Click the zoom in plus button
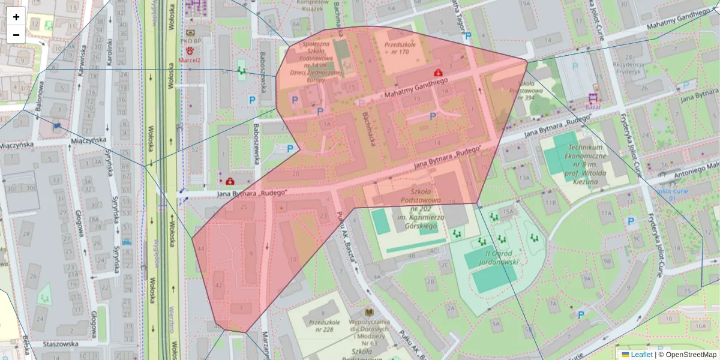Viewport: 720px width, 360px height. click(16, 17)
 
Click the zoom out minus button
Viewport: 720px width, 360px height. click(16, 35)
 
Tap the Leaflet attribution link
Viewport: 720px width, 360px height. click(641, 355)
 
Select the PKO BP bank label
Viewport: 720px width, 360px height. click(190, 41)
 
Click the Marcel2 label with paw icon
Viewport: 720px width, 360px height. click(189, 60)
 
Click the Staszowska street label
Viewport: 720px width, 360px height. click(61, 344)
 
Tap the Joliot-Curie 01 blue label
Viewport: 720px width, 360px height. click(667, 194)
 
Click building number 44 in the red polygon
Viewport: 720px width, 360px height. click(201, 248)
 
